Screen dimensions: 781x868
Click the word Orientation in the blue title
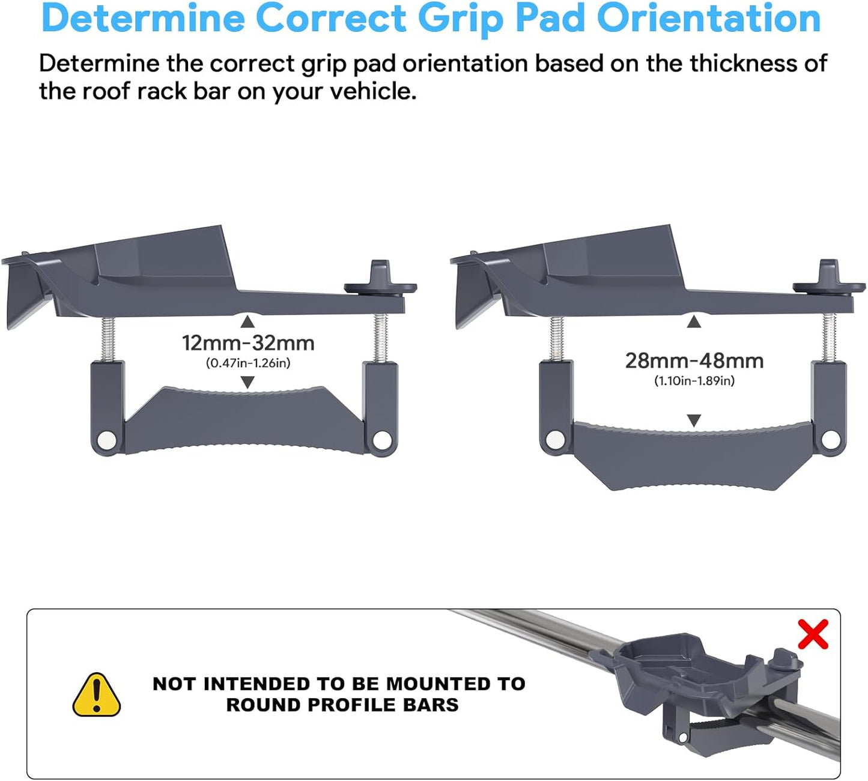[x=709, y=18]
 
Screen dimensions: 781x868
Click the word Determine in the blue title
[x=143, y=18]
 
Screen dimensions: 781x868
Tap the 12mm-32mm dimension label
[x=248, y=343]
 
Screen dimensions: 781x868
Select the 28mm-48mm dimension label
[x=694, y=360]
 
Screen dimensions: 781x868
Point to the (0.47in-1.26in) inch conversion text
[x=248, y=363]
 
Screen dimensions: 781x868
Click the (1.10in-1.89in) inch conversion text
[x=694, y=380]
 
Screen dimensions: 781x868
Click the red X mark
[x=813, y=634]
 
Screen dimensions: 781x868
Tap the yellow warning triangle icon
[x=96, y=695]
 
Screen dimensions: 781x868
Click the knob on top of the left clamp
[x=380, y=280]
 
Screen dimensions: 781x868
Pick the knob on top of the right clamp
[x=829, y=280]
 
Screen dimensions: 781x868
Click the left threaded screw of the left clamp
[x=109, y=339]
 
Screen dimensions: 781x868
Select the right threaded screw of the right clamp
[x=829, y=338]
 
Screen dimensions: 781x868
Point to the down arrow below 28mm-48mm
[x=694, y=421]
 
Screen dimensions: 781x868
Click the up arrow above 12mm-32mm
[x=247, y=323]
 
